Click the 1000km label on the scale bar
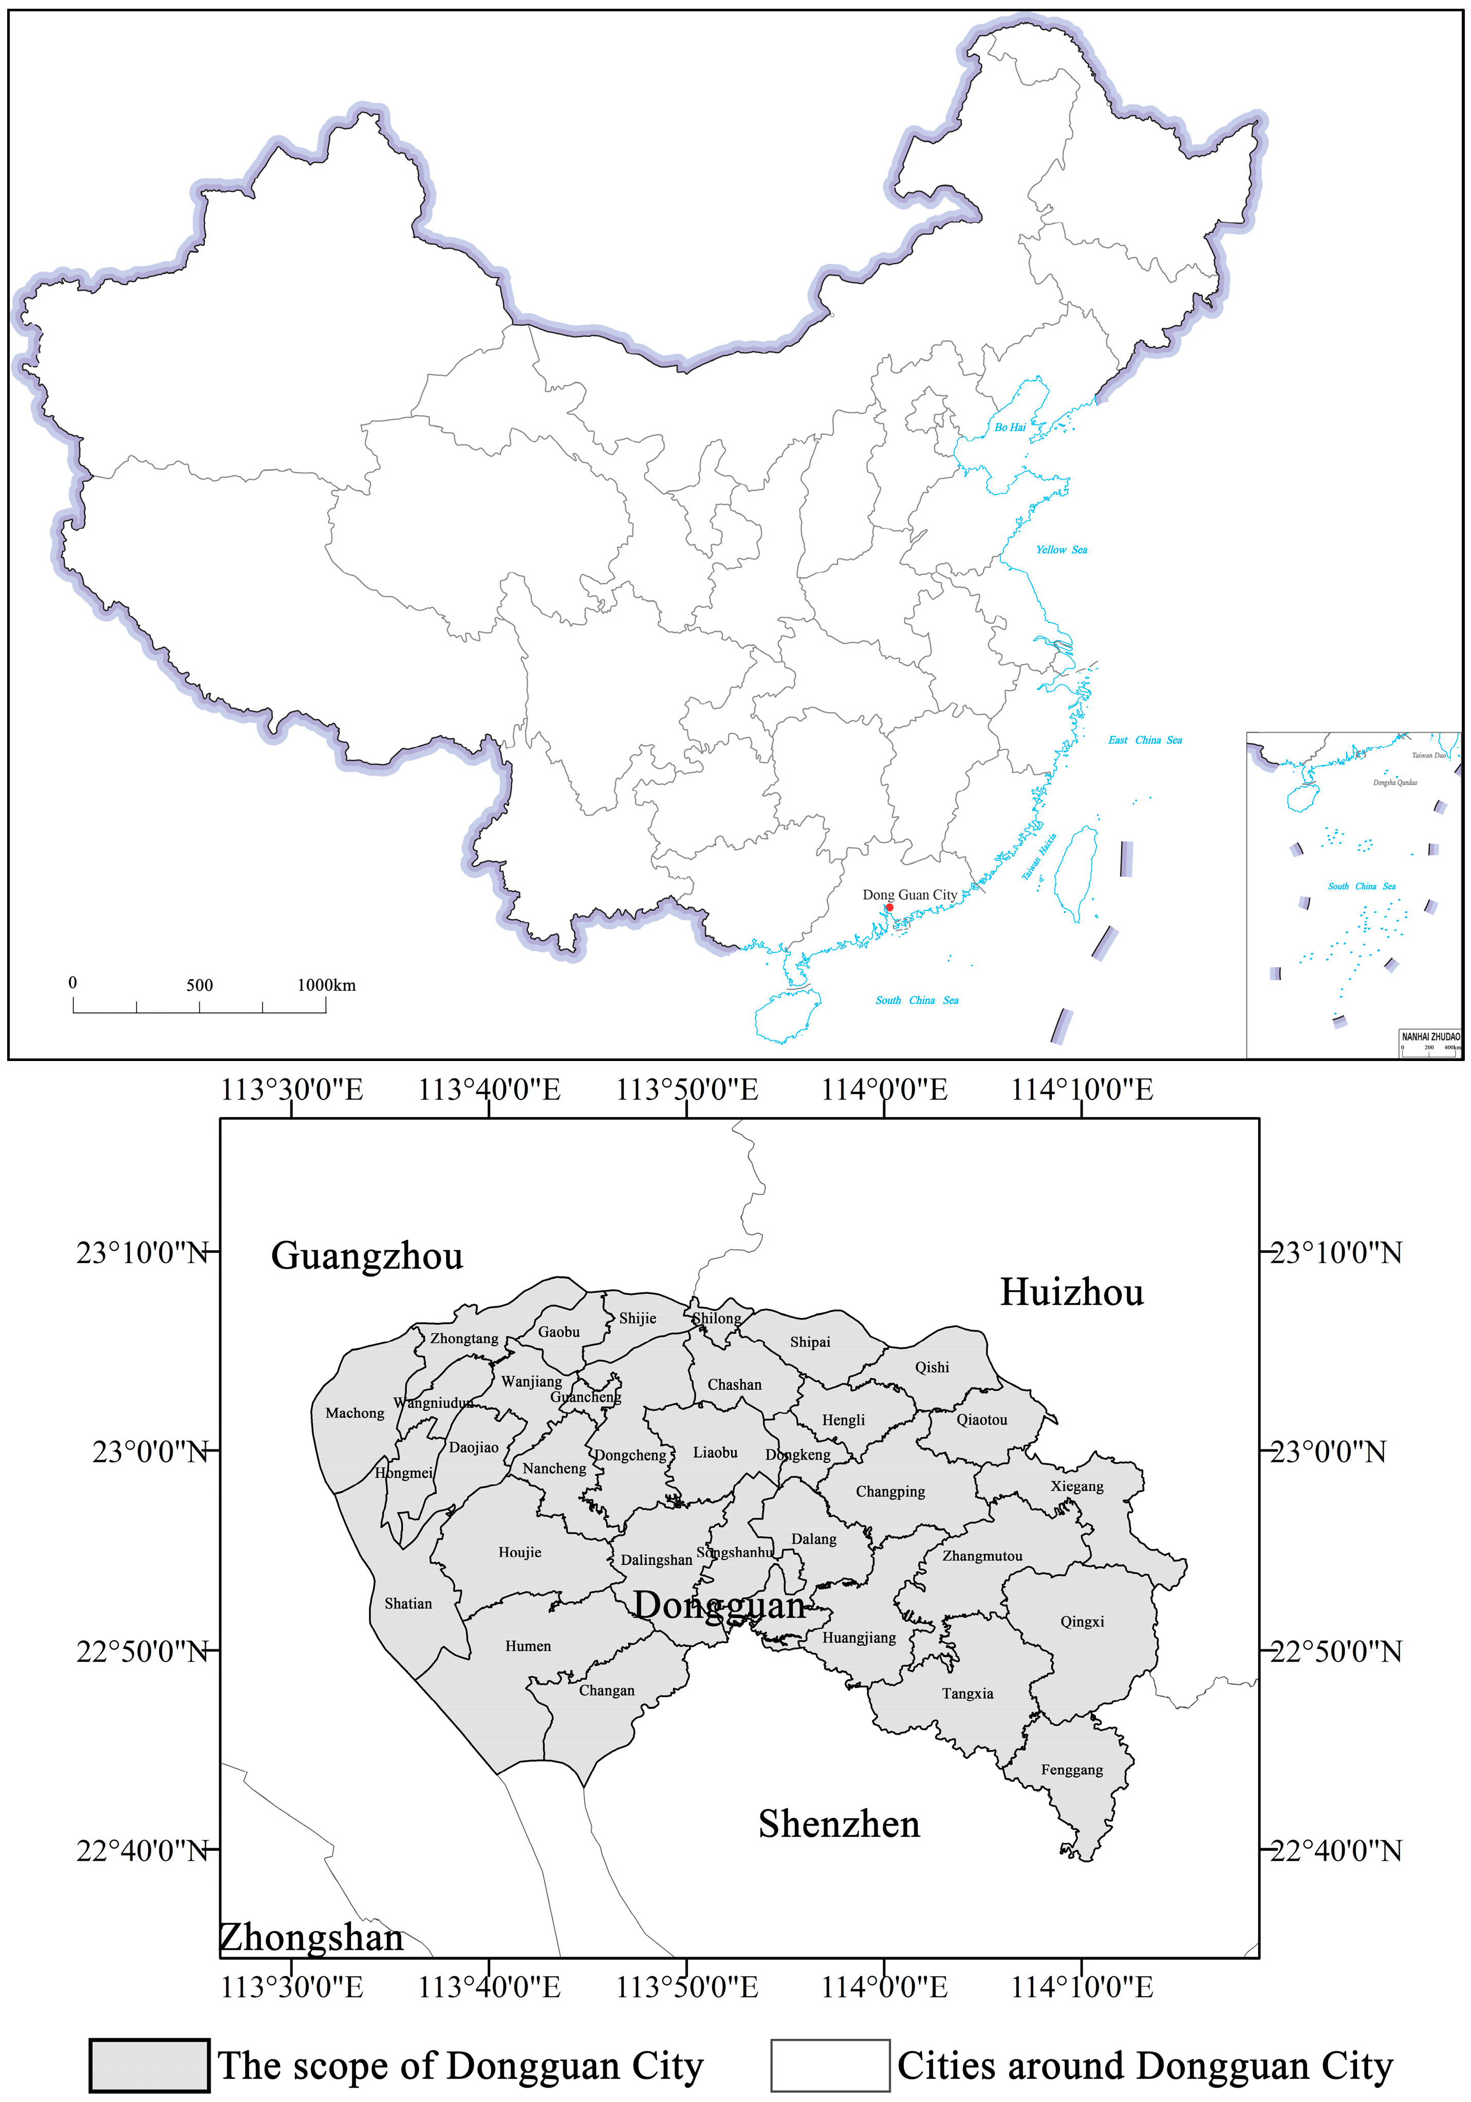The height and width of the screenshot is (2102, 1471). (326, 985)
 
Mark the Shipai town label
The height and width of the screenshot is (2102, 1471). (810, 1342)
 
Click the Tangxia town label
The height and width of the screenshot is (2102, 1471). (967, 1694)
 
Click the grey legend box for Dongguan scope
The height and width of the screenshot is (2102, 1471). (149, 2066)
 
